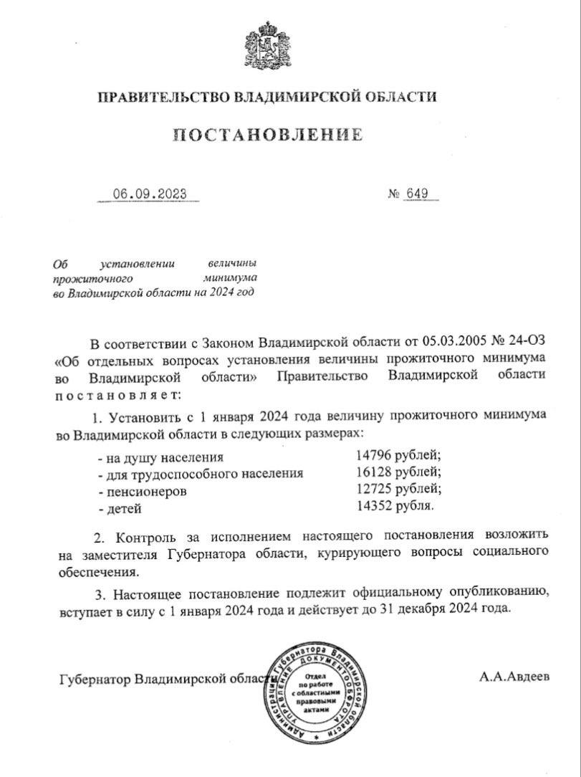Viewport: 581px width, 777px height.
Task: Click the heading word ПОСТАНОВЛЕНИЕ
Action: [267, 134]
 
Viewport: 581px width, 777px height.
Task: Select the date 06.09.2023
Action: [149, 194]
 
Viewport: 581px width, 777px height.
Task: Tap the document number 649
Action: [420, 194]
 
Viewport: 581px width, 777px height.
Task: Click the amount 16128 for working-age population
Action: [372, 473]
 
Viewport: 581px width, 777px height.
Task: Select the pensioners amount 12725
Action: [372, 490]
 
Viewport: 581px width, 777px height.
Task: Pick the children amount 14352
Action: [372, 507]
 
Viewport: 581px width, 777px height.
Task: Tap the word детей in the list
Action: [123, 508]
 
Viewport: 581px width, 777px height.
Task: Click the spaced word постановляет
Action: [112, 394]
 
